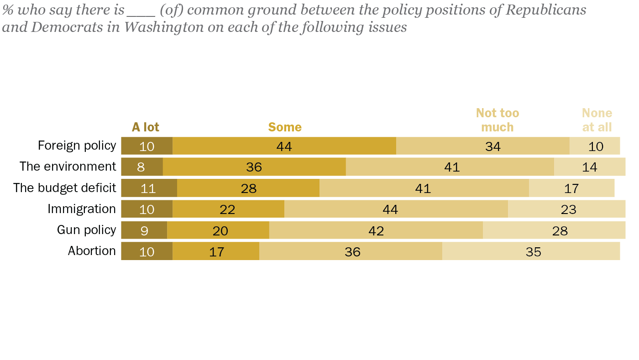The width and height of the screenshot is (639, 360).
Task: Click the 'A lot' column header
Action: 146,127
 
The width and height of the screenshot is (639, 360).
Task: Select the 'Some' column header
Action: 285,127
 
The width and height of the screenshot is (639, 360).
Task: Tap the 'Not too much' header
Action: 498,120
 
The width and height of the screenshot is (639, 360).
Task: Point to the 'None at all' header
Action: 597,120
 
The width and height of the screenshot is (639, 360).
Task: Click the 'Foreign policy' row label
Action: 77,146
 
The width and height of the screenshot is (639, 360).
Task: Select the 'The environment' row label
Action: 68,167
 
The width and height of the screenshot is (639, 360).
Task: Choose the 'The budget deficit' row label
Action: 64,188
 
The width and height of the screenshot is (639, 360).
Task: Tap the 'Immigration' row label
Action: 82,209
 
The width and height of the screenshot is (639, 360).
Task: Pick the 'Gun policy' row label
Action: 86,230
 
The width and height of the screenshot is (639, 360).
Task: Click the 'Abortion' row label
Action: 92,251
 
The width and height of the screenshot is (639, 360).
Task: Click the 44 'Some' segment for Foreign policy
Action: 284,146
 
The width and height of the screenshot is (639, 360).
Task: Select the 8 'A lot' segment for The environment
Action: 141,167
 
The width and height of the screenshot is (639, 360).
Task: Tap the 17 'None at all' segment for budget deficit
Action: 571,188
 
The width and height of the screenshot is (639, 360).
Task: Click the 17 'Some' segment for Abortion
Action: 216,251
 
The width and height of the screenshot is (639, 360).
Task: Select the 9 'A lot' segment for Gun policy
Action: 144,230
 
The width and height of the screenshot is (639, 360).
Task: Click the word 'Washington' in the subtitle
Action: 163,27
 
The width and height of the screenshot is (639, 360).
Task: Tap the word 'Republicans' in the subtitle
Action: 545,10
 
